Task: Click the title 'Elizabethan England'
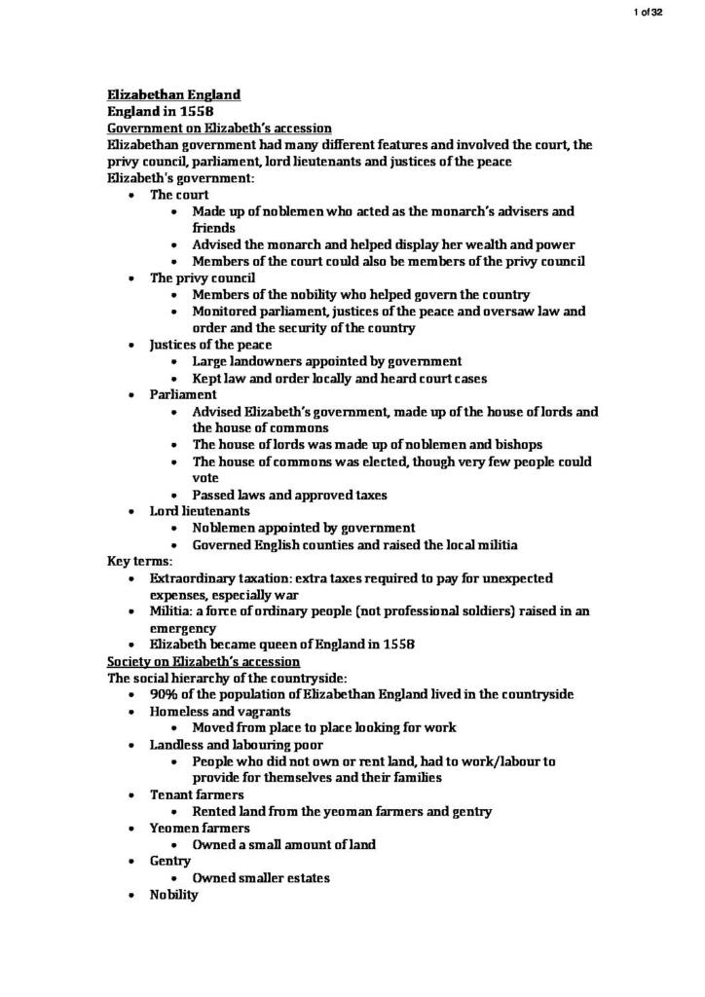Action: (x=173, y=94)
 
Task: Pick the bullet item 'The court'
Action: (x=179, y=195)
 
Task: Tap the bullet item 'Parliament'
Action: (x=183, y=394)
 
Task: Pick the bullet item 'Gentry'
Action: (x=170, y=861)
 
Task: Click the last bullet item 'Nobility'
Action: (x=173, y=894)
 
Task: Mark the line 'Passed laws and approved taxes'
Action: (x=289, y=494)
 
